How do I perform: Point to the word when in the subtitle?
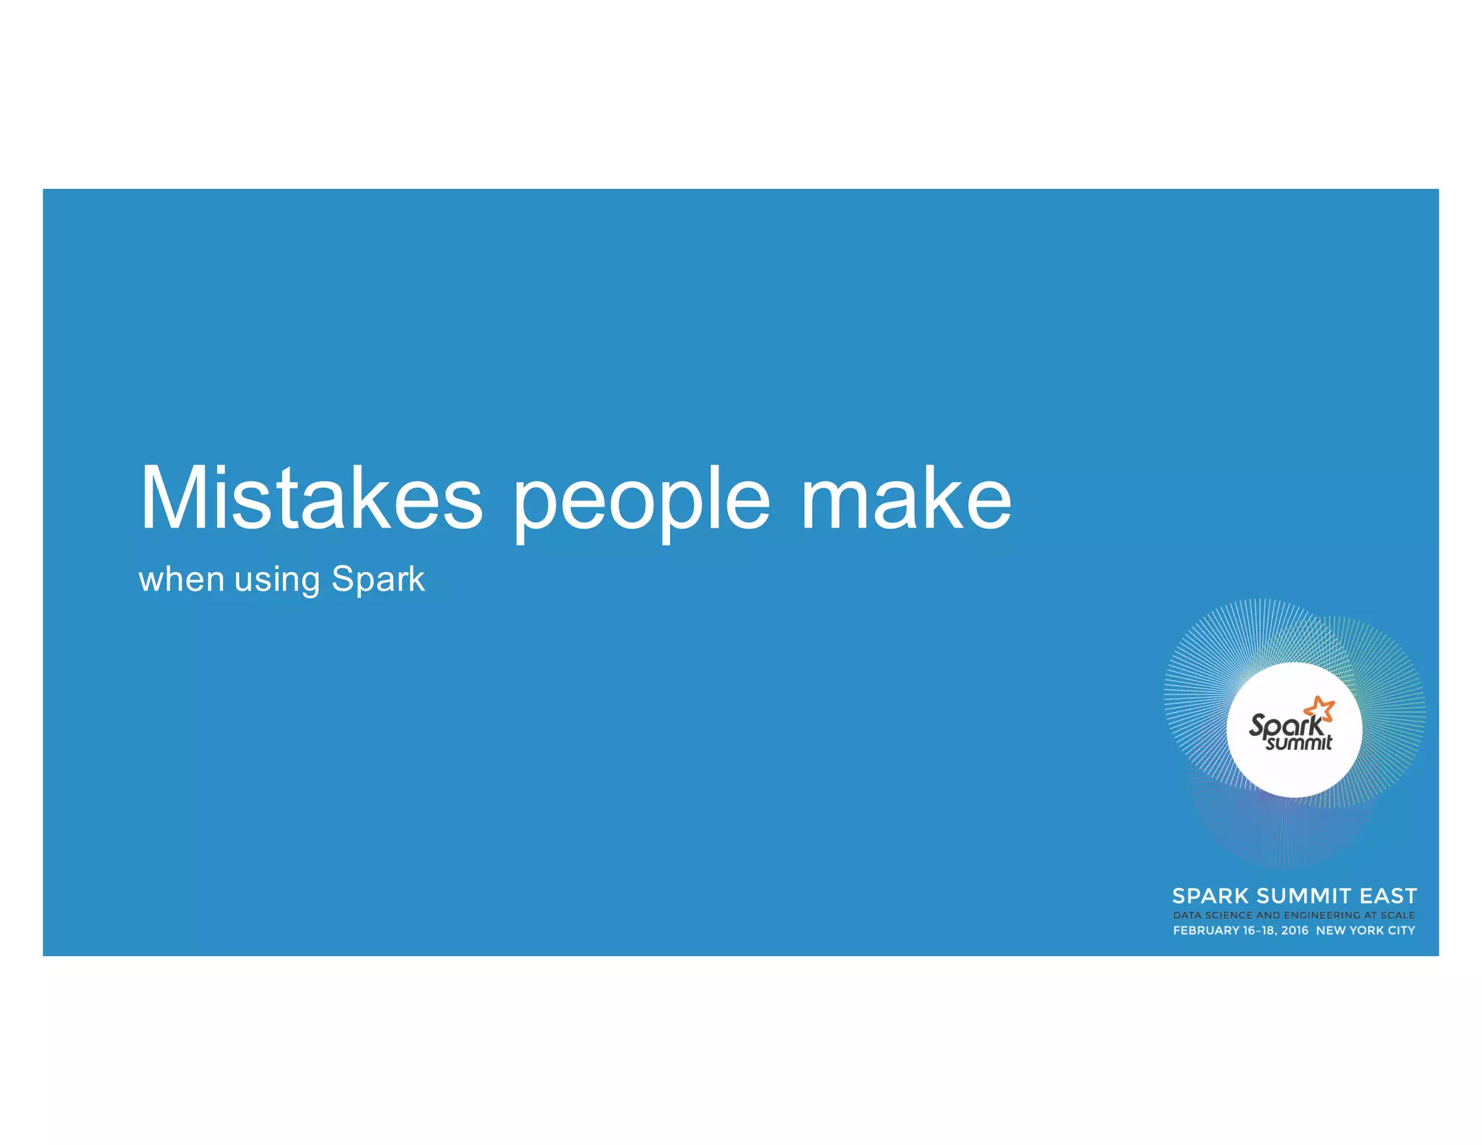(181, 579)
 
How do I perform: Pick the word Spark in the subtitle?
(378, 579)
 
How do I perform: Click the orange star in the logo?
(1321, 709)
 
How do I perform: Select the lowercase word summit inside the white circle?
(1299, 743)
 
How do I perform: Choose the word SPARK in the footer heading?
(1211, 896)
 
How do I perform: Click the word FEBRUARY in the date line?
(1206, 931)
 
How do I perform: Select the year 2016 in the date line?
(1295, 931)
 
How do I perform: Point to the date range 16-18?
(1259, 931)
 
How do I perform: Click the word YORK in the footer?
(1366, 931)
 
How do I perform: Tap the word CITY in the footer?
(1401, 931)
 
